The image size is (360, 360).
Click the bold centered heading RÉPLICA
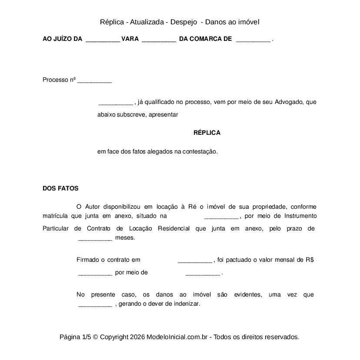207,133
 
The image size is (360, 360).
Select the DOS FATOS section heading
60,189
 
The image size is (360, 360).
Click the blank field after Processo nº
94,81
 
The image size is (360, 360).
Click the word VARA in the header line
130,39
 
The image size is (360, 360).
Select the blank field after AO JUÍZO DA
103,40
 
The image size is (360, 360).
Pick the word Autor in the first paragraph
93,207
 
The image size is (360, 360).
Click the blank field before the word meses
95,239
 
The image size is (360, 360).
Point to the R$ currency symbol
310,260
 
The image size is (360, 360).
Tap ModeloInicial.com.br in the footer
178,337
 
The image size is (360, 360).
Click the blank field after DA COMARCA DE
253,40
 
